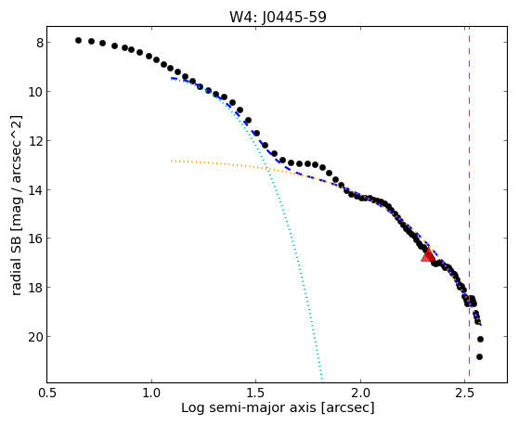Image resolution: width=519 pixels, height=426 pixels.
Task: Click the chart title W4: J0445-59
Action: coord(278,17)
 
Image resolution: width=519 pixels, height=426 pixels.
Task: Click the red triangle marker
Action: coord(428,255)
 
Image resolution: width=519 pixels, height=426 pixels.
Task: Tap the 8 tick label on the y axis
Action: coord(39,43)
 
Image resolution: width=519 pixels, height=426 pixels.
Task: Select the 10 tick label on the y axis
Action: coord(36,92)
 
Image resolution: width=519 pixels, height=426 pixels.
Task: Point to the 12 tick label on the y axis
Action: coord(36,141)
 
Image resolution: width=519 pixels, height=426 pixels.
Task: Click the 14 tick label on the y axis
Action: coord(36,190)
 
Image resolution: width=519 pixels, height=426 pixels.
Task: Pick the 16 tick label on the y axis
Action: coord(36,239)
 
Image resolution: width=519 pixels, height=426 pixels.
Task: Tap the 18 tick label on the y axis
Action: coord(36,288)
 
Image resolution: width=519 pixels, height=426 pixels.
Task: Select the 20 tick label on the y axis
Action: coord(36,337)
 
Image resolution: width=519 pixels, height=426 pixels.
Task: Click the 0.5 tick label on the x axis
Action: coord(47,393)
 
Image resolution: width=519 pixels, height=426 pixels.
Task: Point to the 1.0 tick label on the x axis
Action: coord(151,393)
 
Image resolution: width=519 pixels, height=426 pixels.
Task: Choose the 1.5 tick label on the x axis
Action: coord(256,393)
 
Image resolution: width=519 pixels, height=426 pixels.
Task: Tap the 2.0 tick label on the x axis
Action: coord(361,393)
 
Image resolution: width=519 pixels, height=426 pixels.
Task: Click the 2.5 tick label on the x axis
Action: coord(465,393)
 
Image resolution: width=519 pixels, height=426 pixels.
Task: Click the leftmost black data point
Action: coord(78,41)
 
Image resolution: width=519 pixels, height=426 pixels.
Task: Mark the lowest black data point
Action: coord(479,356)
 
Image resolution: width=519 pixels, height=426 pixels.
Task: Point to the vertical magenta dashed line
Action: coord(470,204)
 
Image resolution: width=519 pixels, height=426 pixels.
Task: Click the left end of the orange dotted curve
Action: coord(171,161)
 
